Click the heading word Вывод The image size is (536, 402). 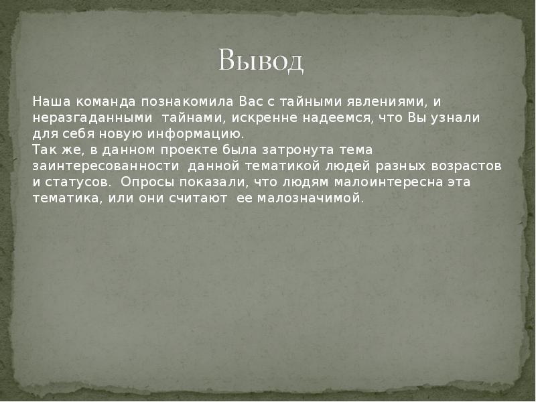coord(261,62)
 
